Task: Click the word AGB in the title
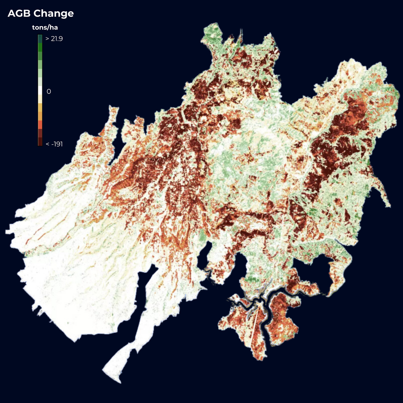tap(19, 13)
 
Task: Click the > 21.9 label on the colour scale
tap(54, 39)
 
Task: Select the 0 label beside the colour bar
tap(49, 91)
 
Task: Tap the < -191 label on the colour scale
tap(54, 143)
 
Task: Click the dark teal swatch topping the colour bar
tap(40, 39)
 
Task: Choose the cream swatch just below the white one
tap(40, 99)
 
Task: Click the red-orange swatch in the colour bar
tap(40, 125)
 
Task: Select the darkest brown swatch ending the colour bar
tap(40, 142)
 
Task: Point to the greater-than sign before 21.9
tap(47, 39)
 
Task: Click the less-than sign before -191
tap(47, 143)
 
